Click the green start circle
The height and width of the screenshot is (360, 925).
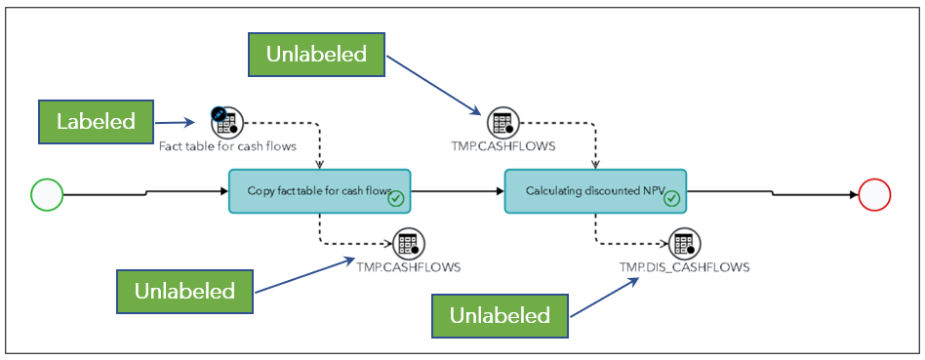(47, 195)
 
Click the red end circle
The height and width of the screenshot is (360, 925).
(874, 195)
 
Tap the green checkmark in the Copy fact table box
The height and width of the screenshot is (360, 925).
(396, 199)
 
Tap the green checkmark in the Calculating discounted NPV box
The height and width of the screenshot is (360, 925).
(671, 199)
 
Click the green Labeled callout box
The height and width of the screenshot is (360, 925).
(96, 122)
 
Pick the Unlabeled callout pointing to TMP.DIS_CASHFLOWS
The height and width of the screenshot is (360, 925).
(500, 315)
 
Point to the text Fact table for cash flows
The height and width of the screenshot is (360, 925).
(227, 147)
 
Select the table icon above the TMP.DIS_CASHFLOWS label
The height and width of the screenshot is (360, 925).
(685, 243)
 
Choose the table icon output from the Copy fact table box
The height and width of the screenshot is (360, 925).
(408, 243)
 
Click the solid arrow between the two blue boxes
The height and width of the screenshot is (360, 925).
(458, 192)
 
